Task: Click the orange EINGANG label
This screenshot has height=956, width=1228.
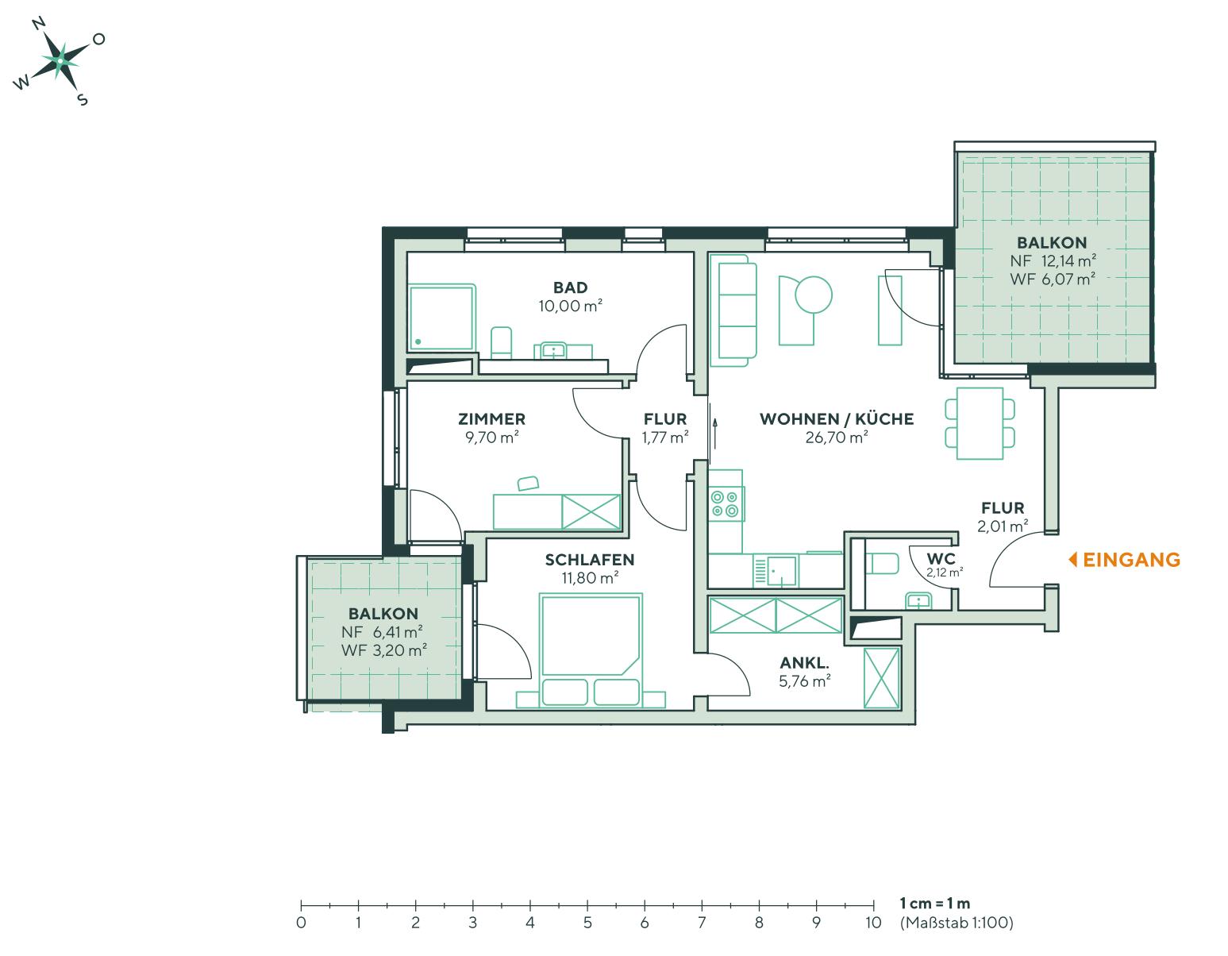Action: [1130, 560]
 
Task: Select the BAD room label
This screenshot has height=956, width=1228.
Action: [571, 287]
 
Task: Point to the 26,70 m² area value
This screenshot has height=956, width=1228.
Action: [836, 438]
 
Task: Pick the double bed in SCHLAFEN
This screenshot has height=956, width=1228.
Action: [590, 647]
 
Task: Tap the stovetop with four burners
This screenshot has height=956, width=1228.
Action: [725, 504]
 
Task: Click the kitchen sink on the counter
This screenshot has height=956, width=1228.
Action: [783, 569]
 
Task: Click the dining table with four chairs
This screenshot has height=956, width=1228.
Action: [980, 422]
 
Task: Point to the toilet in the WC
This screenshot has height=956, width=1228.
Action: [883, 563]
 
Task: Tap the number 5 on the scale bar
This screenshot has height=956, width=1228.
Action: [587, 923]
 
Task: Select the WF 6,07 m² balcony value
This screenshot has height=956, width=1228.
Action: [1053, 279]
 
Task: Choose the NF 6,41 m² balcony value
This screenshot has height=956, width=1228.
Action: [382, 632]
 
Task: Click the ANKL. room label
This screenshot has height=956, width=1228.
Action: [805, 662]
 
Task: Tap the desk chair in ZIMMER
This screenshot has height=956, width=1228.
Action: [528, 483]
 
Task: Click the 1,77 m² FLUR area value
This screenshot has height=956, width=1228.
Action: [664, 438]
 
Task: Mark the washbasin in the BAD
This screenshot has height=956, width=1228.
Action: [553, 350]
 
